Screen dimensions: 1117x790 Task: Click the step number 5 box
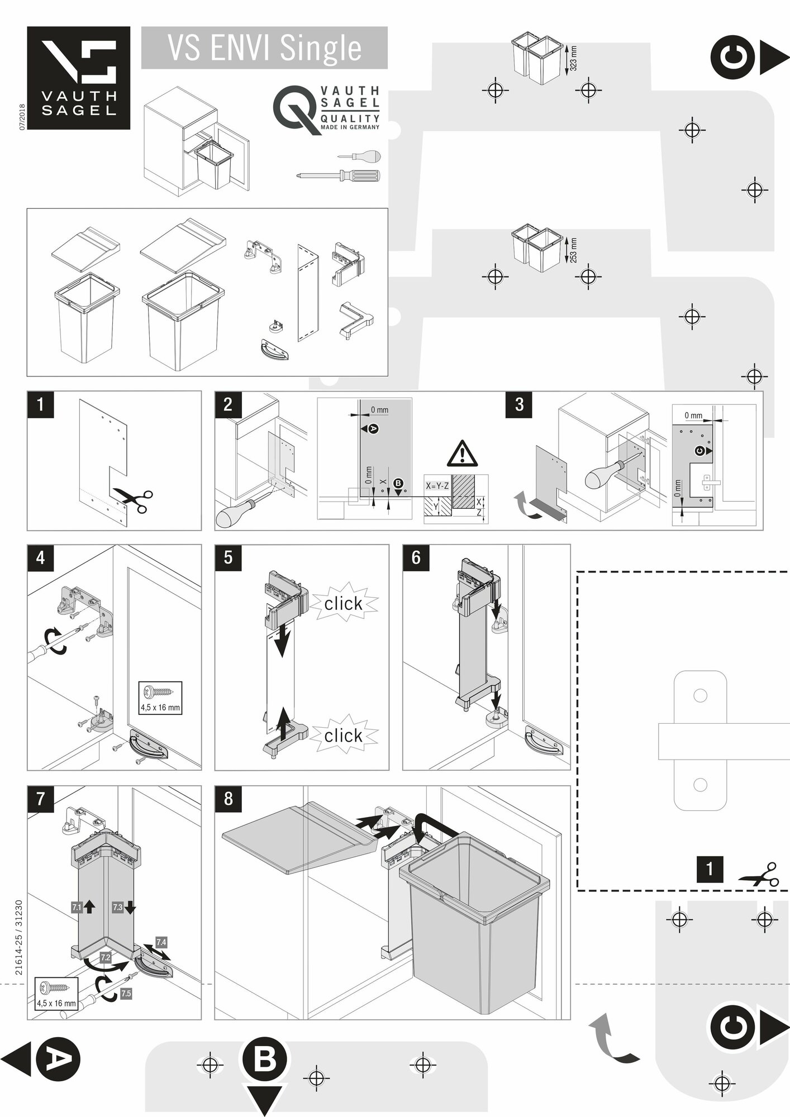(x=228, y=558)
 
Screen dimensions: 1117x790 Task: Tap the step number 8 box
(x=228, y=799)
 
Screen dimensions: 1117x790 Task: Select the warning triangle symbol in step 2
(x=462, y=454)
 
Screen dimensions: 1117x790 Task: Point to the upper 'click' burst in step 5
(x=343, y=604)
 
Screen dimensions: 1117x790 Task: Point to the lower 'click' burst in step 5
(x=343, y=736)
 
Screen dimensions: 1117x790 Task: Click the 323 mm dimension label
(x=573, y=58)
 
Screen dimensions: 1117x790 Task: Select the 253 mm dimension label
(x=573, y=250)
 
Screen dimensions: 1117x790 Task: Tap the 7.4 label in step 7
(x=161, y=942)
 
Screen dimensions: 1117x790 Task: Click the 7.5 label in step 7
(x=126, y=994)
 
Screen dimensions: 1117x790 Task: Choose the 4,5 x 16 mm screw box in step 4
(x=160, y=698)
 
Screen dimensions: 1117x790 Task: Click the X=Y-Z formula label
(x=437, y=486)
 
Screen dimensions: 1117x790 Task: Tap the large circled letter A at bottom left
(x=58, y=1058)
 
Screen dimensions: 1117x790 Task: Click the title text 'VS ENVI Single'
(x=264, y=48)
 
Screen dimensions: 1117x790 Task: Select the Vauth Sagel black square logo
(x=79, y=78)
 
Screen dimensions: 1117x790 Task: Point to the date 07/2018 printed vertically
(x=22, y=117)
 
